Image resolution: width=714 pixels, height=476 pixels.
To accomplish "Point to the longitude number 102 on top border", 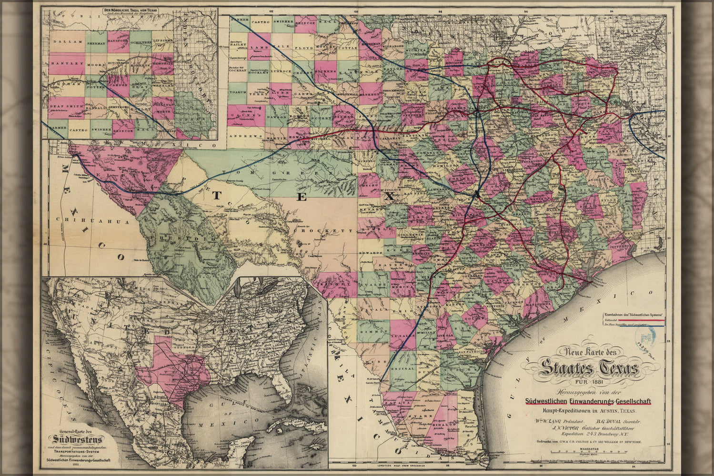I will coord(272,10).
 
